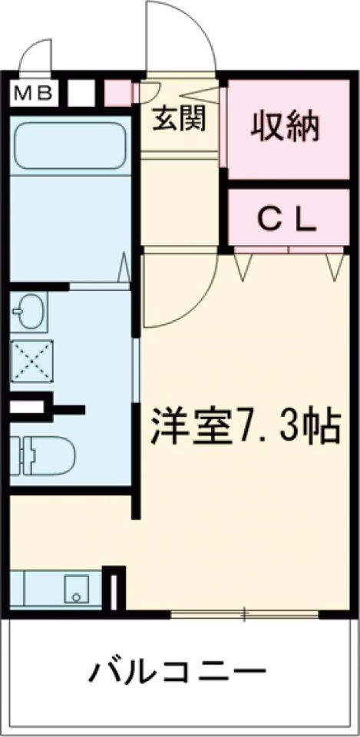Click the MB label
pyautogui.click(x=32, y=94)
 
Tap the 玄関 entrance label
pyautogui.click(x=180, y=119)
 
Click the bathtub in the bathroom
pyautogui.click(x=70, y=146)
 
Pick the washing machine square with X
pyautogui.click(x=31, y=362)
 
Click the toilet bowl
pyautogui.click(x=49, y=455)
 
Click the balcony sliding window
pyautogui.click(x=244, y=614)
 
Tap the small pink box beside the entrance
pyautogui.click(x=117, y=93)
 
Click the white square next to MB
pyautogui.click(x=81, y=93)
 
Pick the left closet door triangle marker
pyautogui.click(x=244, y=267)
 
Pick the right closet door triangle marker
pyautogui.click(x=335, y=267)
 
